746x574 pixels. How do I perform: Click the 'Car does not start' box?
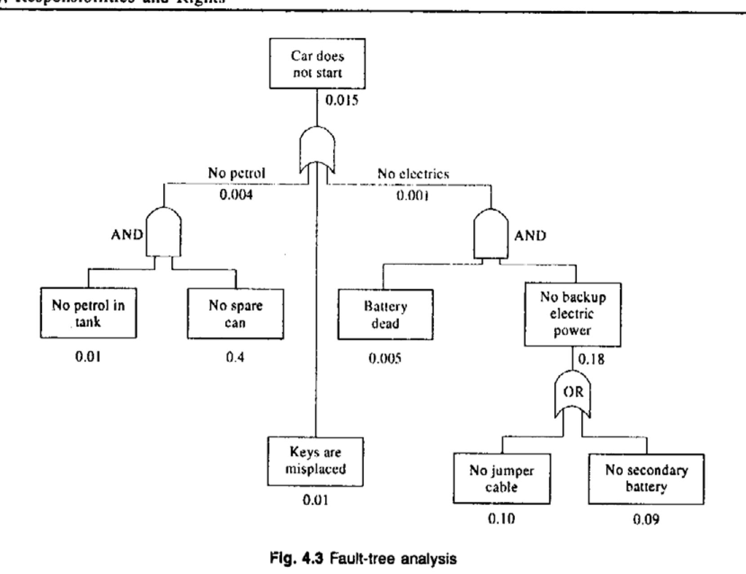pyautogui.click(x=317, y=63)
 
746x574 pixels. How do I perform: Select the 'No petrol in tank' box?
pyautogui.click(x=88, y=313)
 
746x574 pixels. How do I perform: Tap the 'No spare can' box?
pyautogui.click(x=235, y=314)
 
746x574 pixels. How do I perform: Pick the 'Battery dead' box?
pyautogui.click(x=386, y=314)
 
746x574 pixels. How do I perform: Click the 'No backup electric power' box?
pyautogui.click(x=573, y=314)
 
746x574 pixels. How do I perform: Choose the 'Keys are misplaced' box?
pyautogui.click(x=315, y=461)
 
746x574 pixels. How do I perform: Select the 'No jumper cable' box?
pyautogui.click(x=502, y=479)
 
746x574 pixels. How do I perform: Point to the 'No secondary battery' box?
pyautogui.click(x=646, y=479)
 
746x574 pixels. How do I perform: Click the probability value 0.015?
pyautogui.click(x=342, y=100)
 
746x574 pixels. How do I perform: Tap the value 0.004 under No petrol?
pyautogui.click(x=236, y=195)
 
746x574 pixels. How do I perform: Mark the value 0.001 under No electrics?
pyautogui.click(x=413, y=196)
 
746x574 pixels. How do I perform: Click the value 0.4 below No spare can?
pyautogui.click(x=235, y=358)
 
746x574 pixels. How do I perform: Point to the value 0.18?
pyautogui.click(x=591, y=360)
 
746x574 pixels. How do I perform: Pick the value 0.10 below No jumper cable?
pyautogui.click(x=502, y=519)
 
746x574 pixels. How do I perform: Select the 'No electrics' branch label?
pyautogui.click(x=413, y=174)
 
